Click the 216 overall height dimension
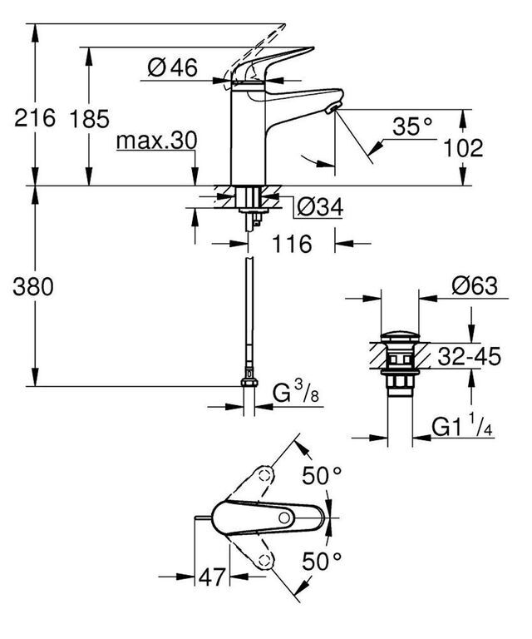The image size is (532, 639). coord(34,118)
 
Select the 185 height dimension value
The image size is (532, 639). coord(89,119)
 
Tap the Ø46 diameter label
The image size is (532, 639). coord(173,67)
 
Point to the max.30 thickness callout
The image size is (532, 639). coord(157,141)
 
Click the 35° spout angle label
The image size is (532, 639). coord(412,126)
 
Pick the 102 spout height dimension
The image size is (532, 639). coord(463,147)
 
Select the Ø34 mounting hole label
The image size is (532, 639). coord(320,207)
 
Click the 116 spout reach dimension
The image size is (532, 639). coord(292,244)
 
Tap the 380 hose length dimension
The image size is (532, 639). coord(33,286)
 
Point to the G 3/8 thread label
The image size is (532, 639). coord(296,393)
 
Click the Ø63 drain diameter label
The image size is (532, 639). coord(475,286)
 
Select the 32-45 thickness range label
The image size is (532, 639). coord(469,357)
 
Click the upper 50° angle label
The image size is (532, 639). coord(322,475)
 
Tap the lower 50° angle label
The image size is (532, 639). coord(322,561)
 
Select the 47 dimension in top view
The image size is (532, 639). coord(212,577)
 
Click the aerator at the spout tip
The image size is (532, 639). coord(332,109)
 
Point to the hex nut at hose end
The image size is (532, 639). coord(249,382)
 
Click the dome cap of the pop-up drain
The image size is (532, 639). coord(400,337)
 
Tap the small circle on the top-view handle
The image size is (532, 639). coord(284,518)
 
